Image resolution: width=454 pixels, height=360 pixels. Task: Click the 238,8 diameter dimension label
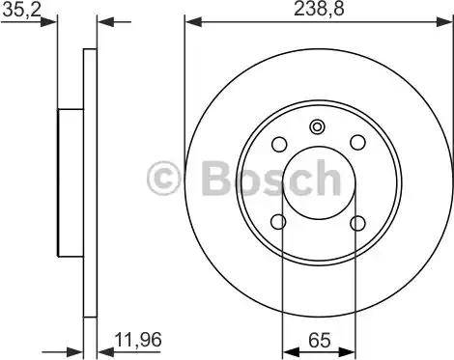[x=319, y=9]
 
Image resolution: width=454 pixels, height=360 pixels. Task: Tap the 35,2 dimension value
[x=22, y=11]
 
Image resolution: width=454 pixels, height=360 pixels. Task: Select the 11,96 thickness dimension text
[x=138, y=340]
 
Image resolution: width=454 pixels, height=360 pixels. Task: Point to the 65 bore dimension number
[x=320, y=340]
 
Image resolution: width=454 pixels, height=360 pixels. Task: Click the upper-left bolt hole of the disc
[x=279, y=144]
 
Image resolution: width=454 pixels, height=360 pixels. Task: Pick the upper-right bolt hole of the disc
[x=358, y=142]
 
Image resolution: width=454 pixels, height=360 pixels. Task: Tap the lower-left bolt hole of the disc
[x=279, y=222]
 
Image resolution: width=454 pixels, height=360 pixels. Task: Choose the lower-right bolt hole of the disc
[x=357, y=223]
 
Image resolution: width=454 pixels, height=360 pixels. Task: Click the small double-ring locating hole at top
[x=317, y=126]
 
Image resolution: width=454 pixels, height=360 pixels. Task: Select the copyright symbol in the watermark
[x=163, y=179]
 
